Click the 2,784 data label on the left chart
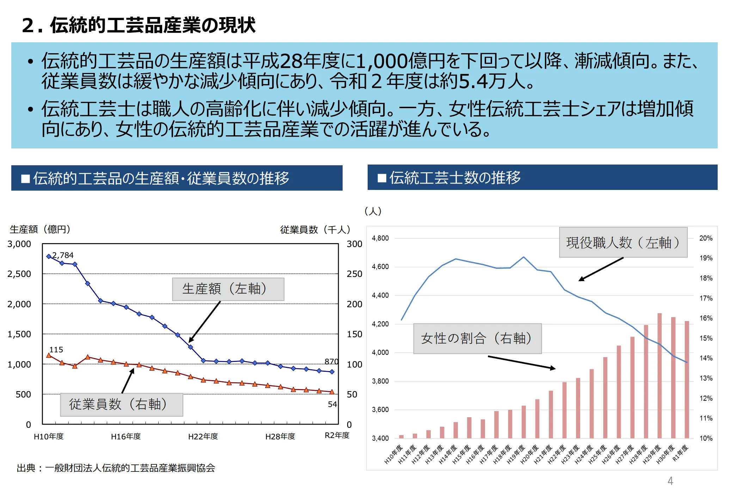point(63,255)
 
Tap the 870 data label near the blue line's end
point(331,362)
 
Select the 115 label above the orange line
point(56,350)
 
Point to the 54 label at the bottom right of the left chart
point(332,404)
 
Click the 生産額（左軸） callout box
point(228,289)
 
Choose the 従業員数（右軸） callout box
point(121,404)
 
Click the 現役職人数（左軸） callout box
point(623,242)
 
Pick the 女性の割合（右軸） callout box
point(477,338)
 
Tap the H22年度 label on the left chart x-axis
point(203,437)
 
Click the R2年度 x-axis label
point(337,435)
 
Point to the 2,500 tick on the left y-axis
point(19,274)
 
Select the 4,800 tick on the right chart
point(380,238)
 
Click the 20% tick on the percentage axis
point(706,238)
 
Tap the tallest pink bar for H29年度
point(659,375)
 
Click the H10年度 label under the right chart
point(393,454)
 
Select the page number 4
point(670,481)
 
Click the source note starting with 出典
point(116,468)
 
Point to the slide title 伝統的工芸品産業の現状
point(139,25)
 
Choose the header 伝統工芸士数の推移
point(455,178)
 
